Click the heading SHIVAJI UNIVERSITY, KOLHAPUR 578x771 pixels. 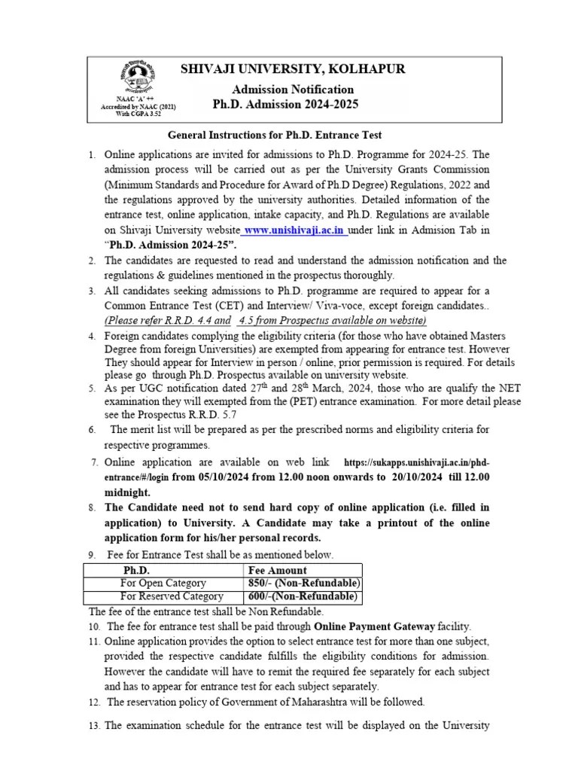point(293,69)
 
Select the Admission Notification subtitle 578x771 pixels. point(293,89)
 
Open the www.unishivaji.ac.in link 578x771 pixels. point(285,230)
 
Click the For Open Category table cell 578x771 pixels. point(163,584)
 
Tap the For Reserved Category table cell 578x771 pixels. point(163,597)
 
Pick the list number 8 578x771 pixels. point(92,508)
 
